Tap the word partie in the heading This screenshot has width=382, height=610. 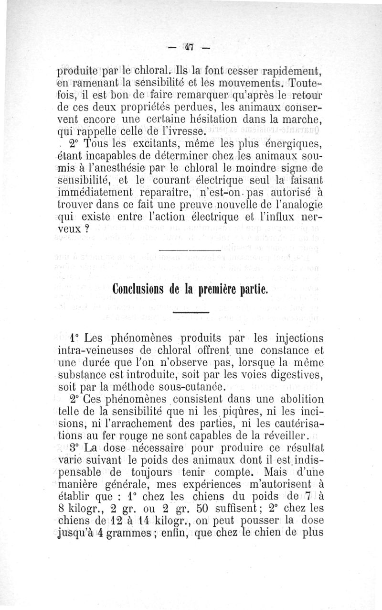point(255,290)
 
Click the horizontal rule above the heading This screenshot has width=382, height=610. point(190,251)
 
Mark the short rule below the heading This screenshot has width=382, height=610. point(190,313)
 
